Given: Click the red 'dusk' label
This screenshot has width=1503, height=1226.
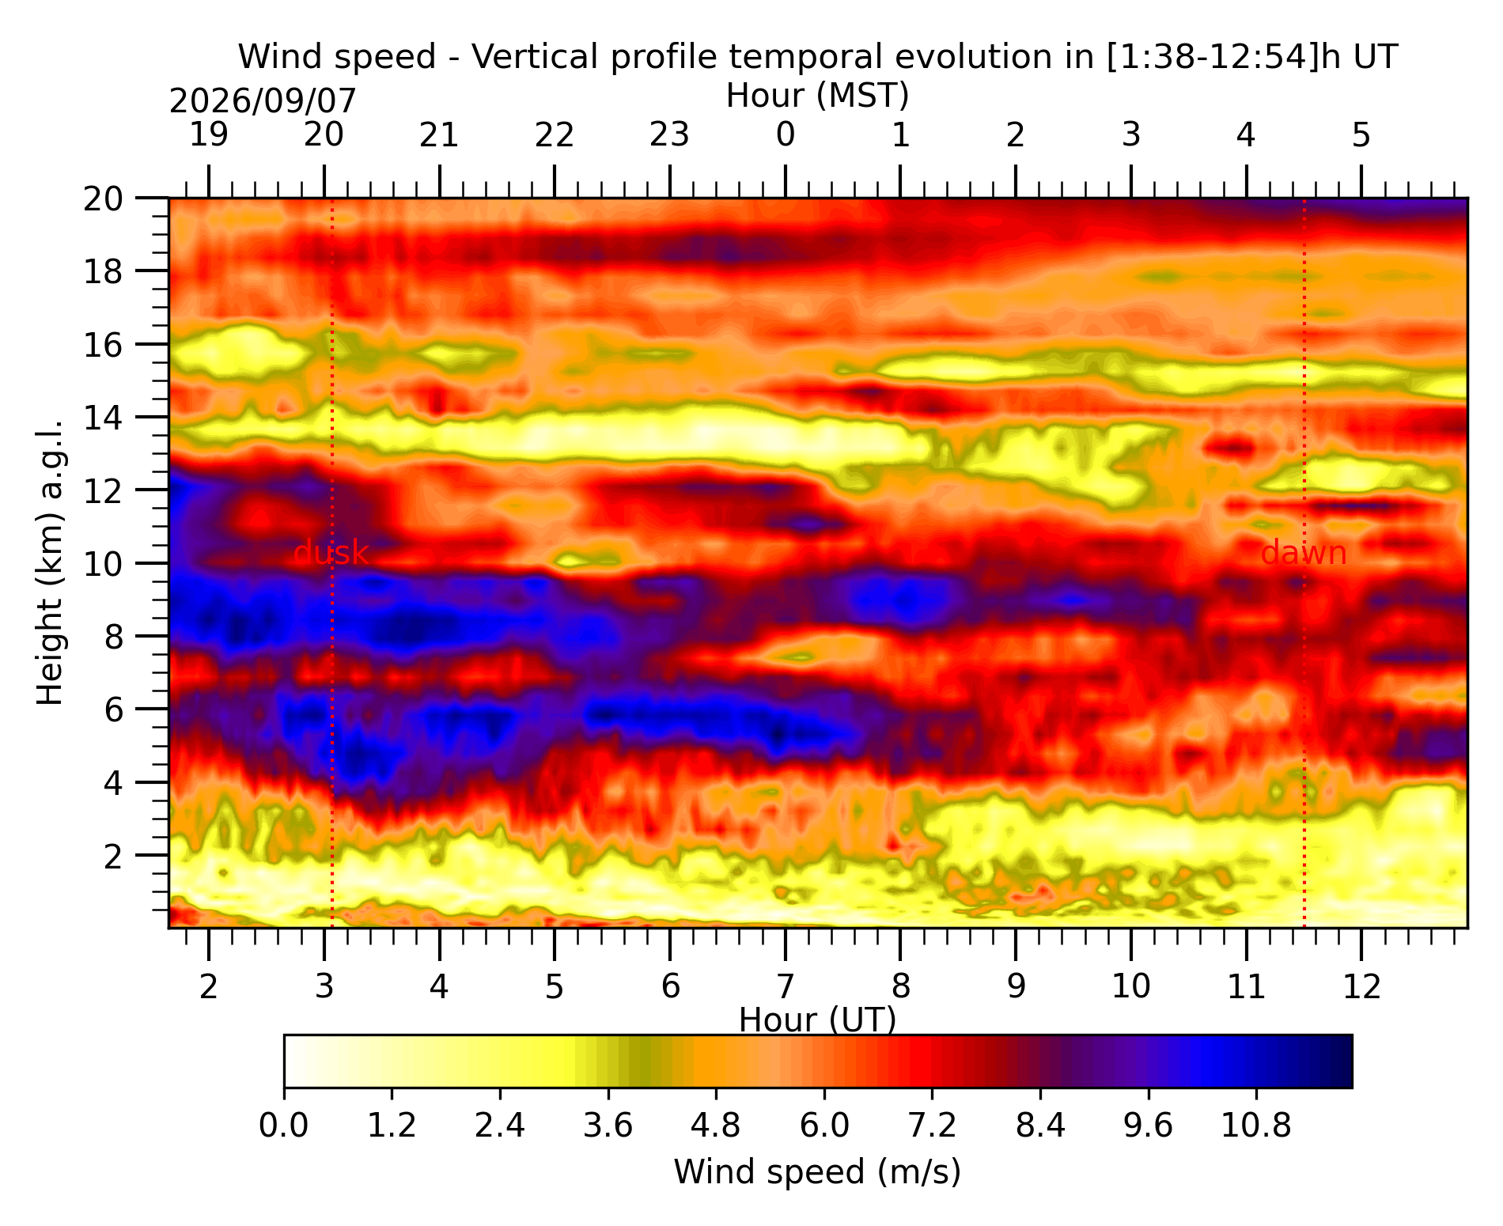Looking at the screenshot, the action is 331,553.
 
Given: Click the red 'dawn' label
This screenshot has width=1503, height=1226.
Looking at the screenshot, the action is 1304,553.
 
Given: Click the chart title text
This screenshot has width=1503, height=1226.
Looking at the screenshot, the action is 818,57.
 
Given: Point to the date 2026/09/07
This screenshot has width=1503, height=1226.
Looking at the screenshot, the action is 263,101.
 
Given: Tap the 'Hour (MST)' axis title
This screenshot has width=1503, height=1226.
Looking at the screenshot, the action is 818,96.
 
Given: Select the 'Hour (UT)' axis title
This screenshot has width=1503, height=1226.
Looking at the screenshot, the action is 818,1020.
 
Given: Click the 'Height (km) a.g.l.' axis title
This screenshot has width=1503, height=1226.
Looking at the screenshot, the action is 50,562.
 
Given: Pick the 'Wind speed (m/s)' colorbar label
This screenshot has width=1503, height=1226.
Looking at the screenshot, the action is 818,1171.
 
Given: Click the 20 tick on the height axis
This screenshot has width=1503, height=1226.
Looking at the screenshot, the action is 103,198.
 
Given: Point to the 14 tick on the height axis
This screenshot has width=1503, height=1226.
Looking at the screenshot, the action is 103,417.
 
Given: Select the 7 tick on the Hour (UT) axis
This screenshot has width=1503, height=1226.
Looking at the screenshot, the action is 785,986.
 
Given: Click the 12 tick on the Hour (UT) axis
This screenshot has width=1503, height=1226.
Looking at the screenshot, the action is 1361,986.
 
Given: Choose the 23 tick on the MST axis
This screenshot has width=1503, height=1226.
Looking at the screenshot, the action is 670,135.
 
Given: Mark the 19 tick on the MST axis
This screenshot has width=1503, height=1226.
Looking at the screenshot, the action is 209,135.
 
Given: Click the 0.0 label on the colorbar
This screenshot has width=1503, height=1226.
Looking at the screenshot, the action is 284,1125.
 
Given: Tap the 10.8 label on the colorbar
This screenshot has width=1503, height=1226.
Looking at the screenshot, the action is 1256,1125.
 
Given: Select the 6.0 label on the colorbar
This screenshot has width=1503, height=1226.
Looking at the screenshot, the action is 824,1125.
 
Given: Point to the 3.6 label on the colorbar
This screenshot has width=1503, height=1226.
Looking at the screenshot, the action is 608,1125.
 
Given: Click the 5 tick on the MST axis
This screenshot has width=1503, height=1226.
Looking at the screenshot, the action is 1361,135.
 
